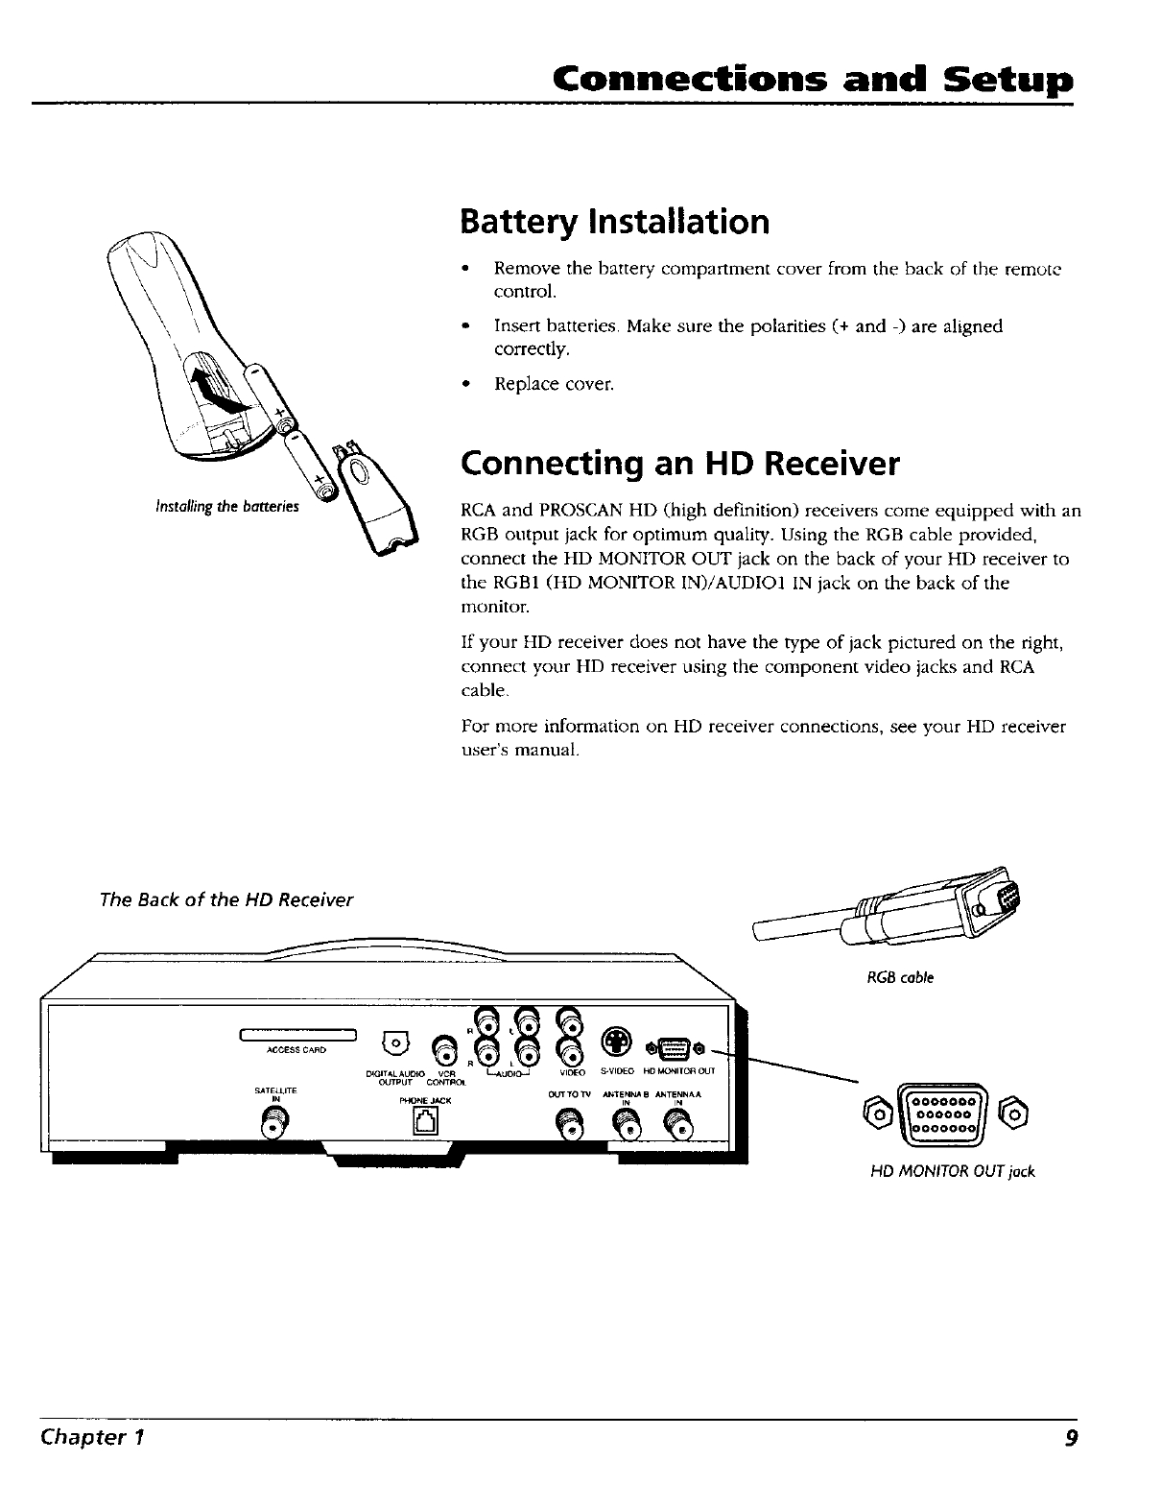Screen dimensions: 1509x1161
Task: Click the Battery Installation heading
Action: [x=614, y=222]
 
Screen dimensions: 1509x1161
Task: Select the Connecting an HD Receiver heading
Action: [x=680, y=465]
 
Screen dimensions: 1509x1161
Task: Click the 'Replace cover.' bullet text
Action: [x=553, y=384]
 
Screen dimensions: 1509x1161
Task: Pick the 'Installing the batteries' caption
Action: [x=226, y=506]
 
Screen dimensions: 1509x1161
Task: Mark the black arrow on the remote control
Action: [x=213, y=385]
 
